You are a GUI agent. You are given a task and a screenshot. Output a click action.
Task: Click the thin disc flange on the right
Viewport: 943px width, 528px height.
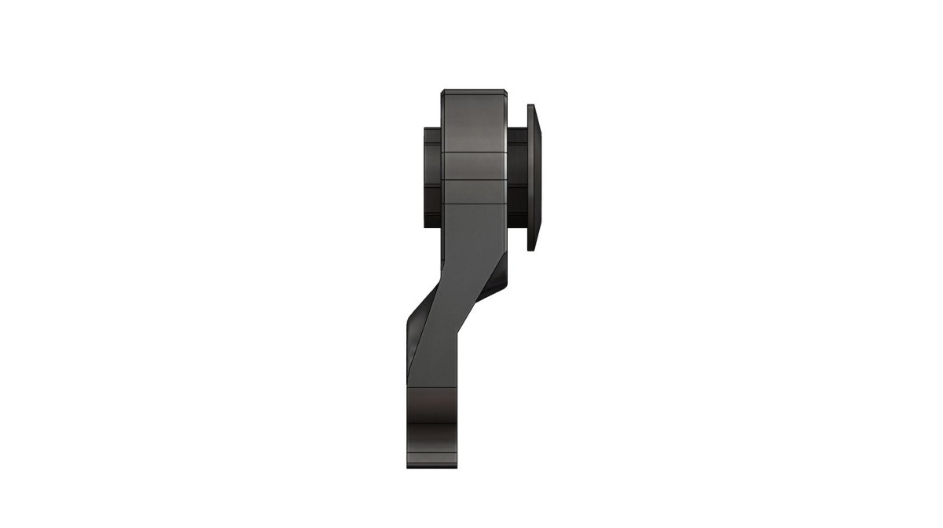tap(533, 177)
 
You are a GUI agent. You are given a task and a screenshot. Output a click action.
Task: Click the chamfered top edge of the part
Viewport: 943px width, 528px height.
tap(472, 92)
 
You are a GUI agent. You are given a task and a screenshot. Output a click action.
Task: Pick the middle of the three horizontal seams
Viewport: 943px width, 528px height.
tap(472, 180)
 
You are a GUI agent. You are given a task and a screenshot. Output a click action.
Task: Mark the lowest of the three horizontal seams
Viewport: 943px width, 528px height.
tap(472, 202)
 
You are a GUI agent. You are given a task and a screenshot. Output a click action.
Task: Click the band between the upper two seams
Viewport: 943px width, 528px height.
tap(472, 165)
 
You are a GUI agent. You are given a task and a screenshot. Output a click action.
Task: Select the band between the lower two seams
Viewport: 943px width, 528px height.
tap(472, 191)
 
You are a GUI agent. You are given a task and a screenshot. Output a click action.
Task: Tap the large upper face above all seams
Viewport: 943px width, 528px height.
tap(472, 122)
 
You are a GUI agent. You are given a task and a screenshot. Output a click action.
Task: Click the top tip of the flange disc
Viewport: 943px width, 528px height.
tap(532, 106)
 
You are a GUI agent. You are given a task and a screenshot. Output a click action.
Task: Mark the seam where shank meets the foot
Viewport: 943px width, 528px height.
tap(432, 386)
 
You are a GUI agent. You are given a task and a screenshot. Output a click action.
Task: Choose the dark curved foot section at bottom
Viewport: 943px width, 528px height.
tap(432, 416)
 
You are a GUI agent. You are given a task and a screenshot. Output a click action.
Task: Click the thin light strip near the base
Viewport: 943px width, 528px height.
tap(432, 454)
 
